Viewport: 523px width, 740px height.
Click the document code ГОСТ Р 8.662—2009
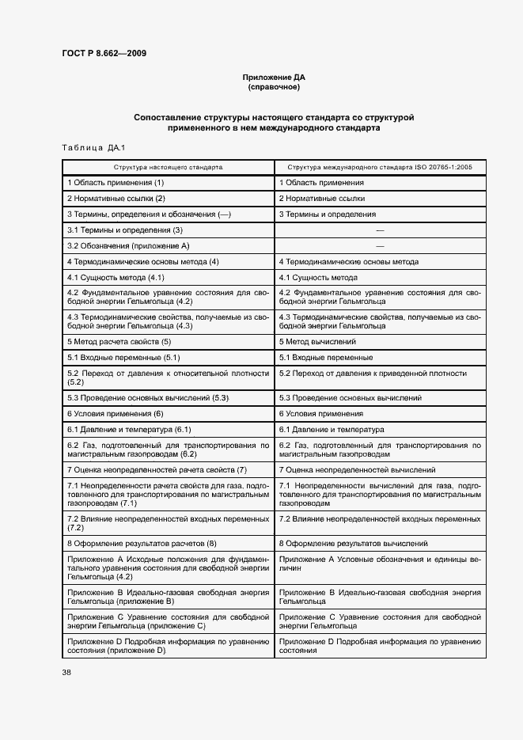tap(104, 54)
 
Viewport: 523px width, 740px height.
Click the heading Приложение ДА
tap(274, 78)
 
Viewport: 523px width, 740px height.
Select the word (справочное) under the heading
tap(274, 87)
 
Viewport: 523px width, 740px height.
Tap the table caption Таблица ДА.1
tap(88, 148)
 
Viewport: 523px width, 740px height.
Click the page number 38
tap(66, 673)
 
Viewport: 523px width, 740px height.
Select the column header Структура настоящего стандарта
tap(168, 168)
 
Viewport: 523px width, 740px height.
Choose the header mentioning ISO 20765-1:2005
tap(380, 168)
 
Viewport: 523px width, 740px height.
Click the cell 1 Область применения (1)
tap(116, 183)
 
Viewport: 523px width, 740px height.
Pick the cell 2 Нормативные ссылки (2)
tap(116, 199)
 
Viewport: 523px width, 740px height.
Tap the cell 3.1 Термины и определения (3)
tap(125, 230)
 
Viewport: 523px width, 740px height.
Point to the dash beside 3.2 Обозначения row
tap(380, 246)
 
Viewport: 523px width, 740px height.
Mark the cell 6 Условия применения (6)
tap(116, 414)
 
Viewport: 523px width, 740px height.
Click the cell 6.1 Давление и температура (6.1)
tap(130, 430)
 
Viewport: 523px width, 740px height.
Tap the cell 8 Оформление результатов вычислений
tap(354, 544)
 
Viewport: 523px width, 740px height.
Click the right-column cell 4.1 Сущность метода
tap(318, 278)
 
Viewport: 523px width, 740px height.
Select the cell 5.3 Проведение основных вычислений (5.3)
tap(148, 397)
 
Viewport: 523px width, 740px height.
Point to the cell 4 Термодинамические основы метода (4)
tap(143, 262)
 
